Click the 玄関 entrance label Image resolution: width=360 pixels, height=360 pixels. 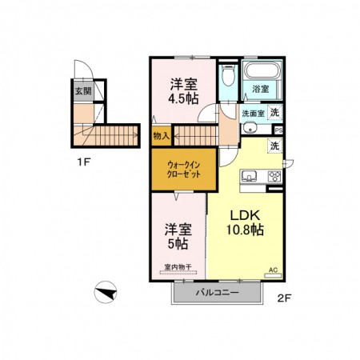(82, 90)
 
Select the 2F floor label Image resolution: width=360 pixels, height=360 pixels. (283, 299)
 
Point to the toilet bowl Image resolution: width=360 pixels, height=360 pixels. (228, 77)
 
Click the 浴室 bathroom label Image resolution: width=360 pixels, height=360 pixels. (261, 89)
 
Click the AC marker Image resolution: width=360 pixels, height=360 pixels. (272, 270)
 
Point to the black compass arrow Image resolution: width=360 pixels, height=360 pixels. (105, 292)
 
